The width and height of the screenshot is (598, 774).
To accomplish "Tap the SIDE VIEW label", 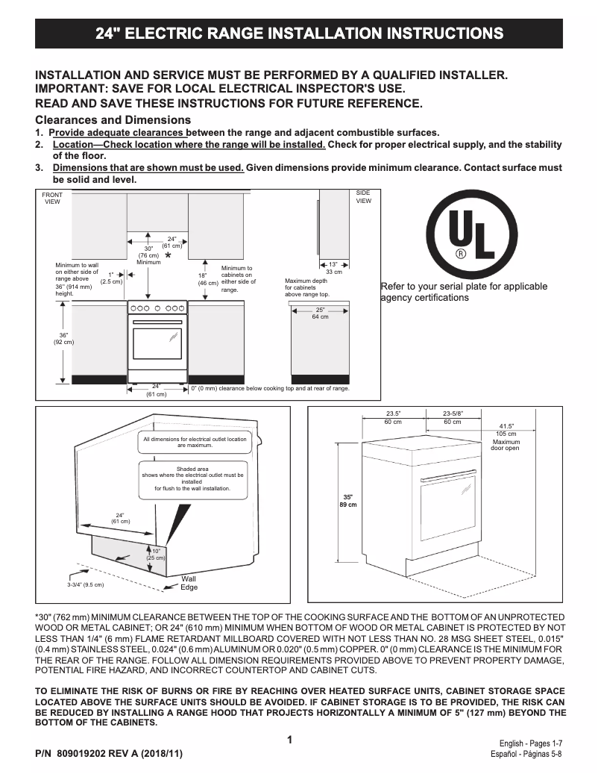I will coord(363,197).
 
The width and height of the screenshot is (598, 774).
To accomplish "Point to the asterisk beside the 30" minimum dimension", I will coord(168,256).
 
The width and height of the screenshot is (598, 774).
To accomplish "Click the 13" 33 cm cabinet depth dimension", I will coord(333,268).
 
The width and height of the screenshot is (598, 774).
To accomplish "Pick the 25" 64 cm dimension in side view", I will coord(320,313).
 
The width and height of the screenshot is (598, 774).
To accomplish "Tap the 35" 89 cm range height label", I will coord(347,501).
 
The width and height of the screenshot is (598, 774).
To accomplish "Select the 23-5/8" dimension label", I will coord(452,417).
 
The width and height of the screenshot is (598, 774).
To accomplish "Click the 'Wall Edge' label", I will coord(189,583).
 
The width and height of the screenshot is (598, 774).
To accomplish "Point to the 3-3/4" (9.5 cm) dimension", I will coord(85,584).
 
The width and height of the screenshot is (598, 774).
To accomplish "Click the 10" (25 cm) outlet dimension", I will coord(156,555).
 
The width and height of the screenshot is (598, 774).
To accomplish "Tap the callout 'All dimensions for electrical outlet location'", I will coord(195,442).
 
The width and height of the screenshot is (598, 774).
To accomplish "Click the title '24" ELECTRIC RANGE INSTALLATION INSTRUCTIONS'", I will coord(299,34).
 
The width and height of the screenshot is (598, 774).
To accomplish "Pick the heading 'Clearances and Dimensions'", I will coord(113,120).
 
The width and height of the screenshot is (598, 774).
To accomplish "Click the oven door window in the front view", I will coord(157,341).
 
